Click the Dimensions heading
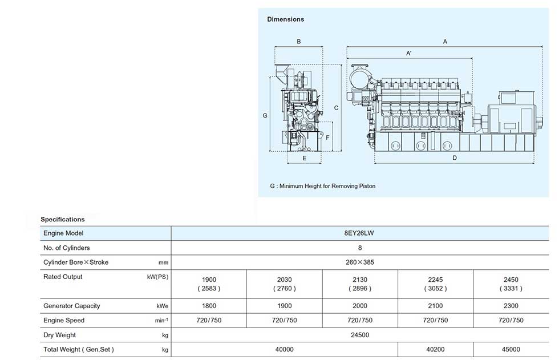pyautogui.click(x=286, y=19)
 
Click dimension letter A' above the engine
pyautogui.click(x=409, y=53)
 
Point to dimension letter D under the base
pyautogui.click(x=455, y=158)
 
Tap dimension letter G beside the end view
pyautogui.click(x=265, y=115)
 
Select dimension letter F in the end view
pyautogui.click(x=327, y=137)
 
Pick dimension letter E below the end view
pyautogui.click(x=305, y=158)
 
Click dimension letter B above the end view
pyautogui.click(x=299, y=42)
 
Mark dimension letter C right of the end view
pyautogui.click(x=336, y=108)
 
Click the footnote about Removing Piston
pyautogui.click(x=323, y=186)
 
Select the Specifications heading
pyautogui.click(x=62, y=219)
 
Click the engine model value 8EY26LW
pyautogui.click(x=359, y=233)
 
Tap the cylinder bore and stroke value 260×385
pyautogui.click(x=360, y=262)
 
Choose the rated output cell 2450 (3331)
pyautogui.click(x=511, y=284)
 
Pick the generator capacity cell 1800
pyautogui.click(x=209, y=306)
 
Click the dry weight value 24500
pyautogui.click(x=360, y=335)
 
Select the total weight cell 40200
pyautogui.click(x=435, y=350)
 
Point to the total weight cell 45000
pyautogui.click(x=511, y=350)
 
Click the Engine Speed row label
pyautogui.click(x=64, y=321)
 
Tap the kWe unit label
pyautogui.click(x=162, y=306)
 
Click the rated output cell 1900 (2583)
pyautogui.click(x=209, y=284)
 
